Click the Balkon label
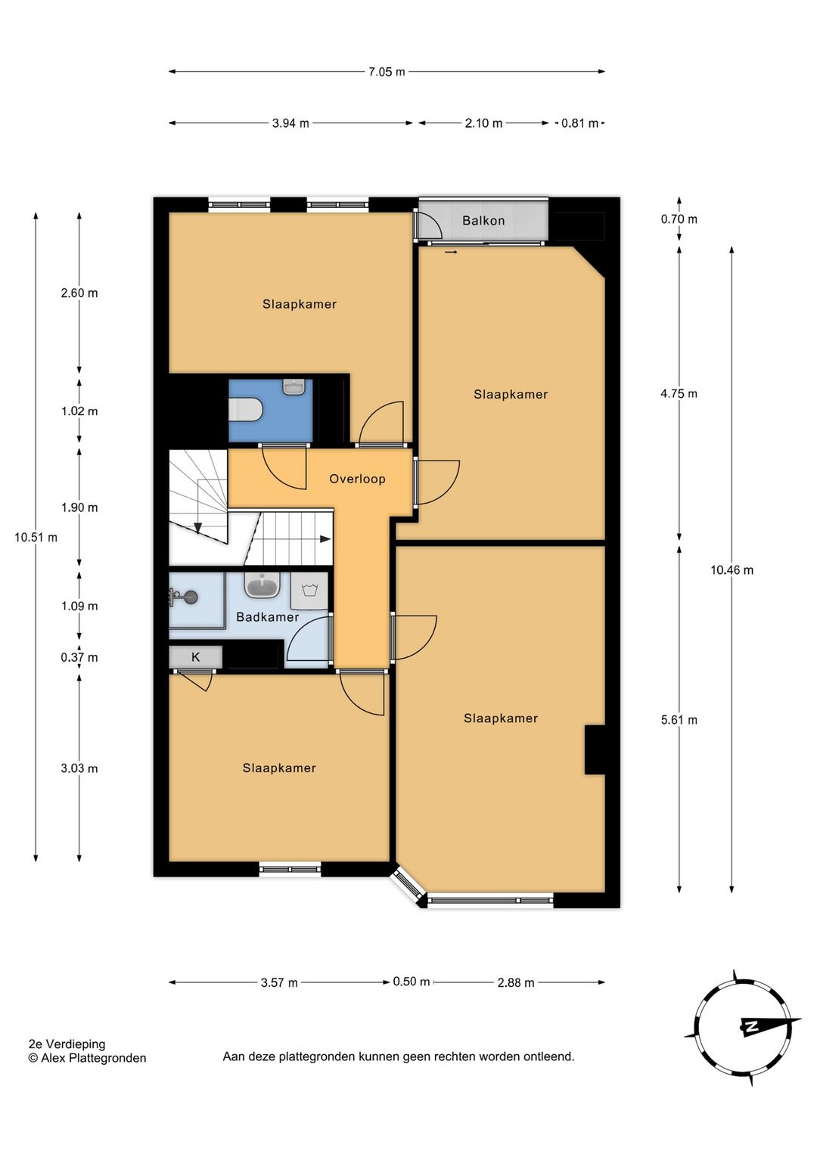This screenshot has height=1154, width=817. click(483, 221)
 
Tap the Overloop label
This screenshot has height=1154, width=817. click(357, 479)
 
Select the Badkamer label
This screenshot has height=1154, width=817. click(267, 616)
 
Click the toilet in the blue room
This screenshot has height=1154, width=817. click(247, 410)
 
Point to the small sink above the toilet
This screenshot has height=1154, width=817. click(294, 387)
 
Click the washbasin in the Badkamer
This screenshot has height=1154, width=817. click(262, 585)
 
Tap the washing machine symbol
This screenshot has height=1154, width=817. click(309, 591)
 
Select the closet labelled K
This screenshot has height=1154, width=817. click(196, 657)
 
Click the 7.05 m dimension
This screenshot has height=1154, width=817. click(387, 72)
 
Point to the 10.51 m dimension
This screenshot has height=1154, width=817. click(36, 537)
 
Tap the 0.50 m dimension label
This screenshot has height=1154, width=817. click(412, 982)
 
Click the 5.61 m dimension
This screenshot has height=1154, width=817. click(679, 720)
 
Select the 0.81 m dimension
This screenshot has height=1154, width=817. click(580, 123)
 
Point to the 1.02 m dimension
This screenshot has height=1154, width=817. click(79, 411)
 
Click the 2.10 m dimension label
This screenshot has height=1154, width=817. click(483, 123)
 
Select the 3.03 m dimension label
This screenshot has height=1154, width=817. click(79, 768)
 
